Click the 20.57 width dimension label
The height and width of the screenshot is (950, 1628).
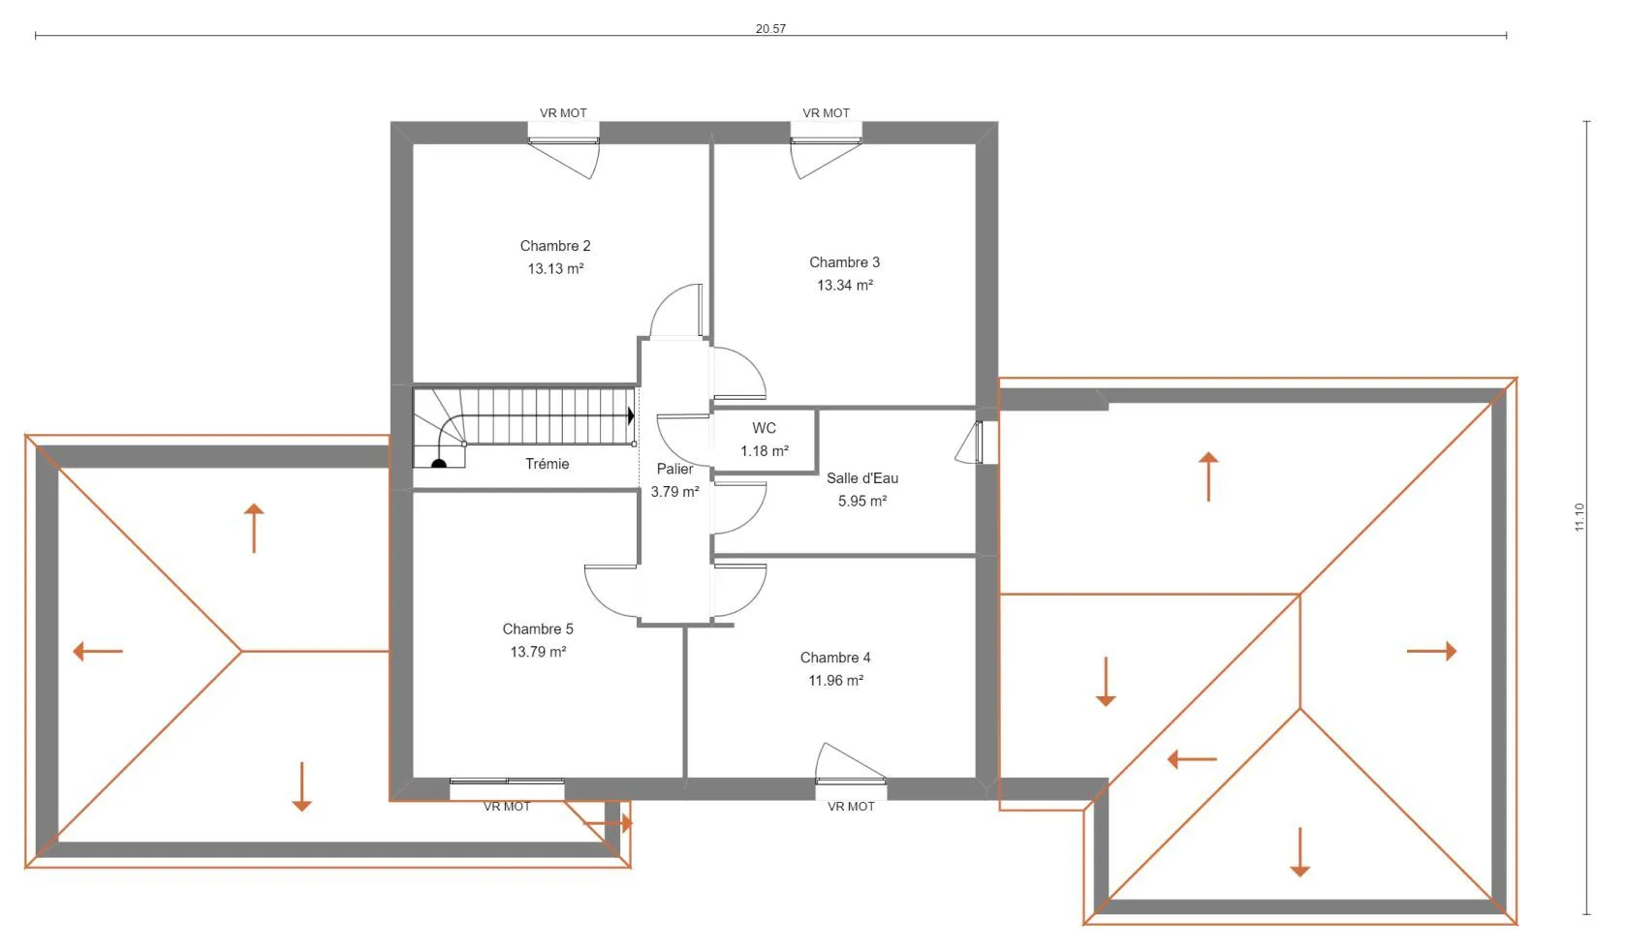770,29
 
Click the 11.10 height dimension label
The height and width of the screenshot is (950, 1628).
1580,517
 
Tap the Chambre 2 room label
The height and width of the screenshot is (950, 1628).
555,246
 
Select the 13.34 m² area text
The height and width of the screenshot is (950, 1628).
845,286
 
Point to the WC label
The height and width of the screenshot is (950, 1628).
764,428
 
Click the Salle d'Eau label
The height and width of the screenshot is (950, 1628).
862,478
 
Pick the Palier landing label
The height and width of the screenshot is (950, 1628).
674,469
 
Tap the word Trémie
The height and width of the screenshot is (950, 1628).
548,464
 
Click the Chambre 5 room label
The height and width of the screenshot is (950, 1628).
538,629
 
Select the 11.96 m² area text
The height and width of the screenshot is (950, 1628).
835,681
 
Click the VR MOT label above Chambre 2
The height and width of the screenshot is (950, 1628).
563,113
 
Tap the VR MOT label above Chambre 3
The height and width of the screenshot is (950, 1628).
827,113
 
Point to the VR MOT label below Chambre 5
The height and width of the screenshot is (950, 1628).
508,807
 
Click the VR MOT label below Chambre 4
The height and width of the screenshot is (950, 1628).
851,807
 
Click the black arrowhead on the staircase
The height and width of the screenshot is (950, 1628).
631,415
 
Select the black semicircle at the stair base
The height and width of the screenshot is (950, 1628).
439,463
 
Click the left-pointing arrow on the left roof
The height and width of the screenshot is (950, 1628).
98,652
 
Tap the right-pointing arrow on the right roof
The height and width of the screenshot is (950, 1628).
1432,652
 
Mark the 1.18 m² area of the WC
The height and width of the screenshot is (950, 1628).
765,451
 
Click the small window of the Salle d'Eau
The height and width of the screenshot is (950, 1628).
979,443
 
